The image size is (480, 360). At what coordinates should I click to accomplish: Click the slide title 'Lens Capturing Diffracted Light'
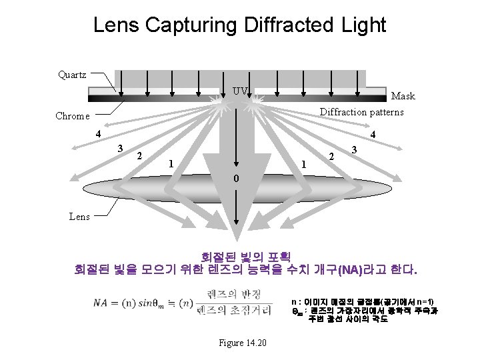click(239, 25)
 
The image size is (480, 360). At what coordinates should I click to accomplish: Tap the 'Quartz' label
click(72, 75)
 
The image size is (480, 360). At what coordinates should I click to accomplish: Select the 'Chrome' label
click(72, 116)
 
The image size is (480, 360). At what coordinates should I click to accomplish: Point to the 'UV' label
click(240, 91)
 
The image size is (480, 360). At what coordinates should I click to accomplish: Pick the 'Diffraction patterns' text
click(361, 112)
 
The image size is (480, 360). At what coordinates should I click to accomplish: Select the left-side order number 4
click(97, 133)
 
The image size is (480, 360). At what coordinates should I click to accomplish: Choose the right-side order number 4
click(373, 134)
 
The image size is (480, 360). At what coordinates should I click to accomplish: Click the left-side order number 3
click(120, 147)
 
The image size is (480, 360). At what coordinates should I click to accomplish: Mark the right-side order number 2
click(332, 156)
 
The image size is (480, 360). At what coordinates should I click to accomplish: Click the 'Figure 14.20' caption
click(243, 343)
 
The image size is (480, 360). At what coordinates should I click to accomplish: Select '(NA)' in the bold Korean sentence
click(351, 271)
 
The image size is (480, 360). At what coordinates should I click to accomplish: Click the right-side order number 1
click(304, 163)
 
